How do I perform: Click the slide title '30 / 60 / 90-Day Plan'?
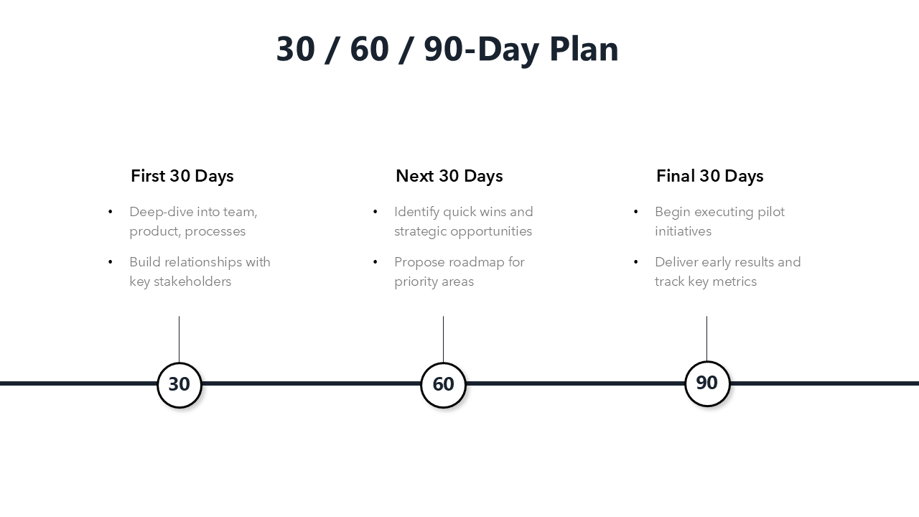click(447, 49)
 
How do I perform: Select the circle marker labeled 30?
click(179, 385)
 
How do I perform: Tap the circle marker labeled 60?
click(443, 385)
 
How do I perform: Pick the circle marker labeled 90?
click(707, 383)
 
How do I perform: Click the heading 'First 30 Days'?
click(182, 176)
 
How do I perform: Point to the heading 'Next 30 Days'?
click(449, 176)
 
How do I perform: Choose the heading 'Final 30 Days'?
click(710, 176)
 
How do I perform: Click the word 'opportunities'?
click(489, 231)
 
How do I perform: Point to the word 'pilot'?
click(770, 212)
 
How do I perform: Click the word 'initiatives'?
click(683, 231)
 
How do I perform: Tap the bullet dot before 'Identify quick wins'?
click(375, 212)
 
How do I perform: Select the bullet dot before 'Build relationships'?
click(111, 262)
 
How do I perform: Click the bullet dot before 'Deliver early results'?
click(636, 262)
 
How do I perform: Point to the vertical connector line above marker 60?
click(443, 339)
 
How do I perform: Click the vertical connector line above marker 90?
click(706, 338)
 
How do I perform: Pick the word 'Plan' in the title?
click(584, 49)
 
